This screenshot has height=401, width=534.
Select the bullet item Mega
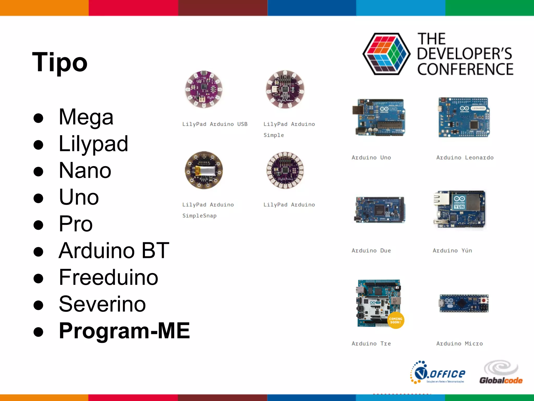click(x=86, y=117)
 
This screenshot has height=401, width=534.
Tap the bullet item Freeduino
click(x=108, y=277)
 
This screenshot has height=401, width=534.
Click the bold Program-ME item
click(x=124, y=331)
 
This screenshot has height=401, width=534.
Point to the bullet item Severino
click(x=102, y=304)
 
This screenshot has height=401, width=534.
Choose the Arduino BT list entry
click(x=114, y=251)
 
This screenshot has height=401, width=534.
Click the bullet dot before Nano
click(x=38, y=172)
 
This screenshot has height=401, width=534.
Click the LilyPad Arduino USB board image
click(x=204, y=89)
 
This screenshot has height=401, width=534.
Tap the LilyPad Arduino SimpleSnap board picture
click(x=204, y=170)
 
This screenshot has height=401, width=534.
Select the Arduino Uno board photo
click(x=379, y=117)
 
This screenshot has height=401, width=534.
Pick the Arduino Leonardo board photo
click(x=464, y=117)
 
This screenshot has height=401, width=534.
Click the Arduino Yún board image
click(x=459, y=209)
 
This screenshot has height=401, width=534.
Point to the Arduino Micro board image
click(x=464, y=303)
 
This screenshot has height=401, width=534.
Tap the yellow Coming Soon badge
click(x=396, y=320)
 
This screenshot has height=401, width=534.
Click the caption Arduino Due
click(x=371, y=251)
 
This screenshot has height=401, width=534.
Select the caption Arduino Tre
click(x=371, y=344)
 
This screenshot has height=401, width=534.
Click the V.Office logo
click(x=438, y=373)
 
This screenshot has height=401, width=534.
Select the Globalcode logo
click(x=501, y=373)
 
